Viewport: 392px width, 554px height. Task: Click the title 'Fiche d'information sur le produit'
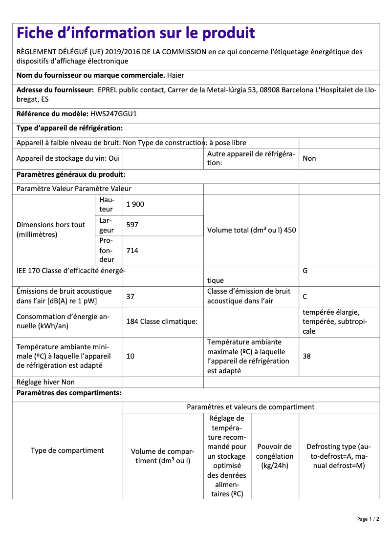coord(136,33)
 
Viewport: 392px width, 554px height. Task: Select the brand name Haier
coord(175,75)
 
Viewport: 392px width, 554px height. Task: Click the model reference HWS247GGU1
coord(113,114)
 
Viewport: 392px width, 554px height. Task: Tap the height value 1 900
coord(135,204)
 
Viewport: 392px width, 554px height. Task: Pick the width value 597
coord(132,225)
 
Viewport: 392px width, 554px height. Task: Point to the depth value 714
coord(132,251)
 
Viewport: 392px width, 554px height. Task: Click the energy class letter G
coord(305,270)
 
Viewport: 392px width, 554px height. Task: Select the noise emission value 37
coord(131,296)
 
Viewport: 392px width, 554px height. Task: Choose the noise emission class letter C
coord(305,296)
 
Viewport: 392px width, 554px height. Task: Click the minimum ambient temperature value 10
coord(131,356)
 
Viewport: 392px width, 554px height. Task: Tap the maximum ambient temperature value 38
coord(306,356)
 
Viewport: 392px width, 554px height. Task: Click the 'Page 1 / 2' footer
coord(368,519)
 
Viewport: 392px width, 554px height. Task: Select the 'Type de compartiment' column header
coord(67,450)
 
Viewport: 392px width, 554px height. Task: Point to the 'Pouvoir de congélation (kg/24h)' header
coord(275,456)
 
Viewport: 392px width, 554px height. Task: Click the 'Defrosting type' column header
coord(339,456)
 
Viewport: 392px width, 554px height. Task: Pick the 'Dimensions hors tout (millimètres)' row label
coord(51,230)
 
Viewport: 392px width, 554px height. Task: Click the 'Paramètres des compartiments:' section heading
coord(69,393)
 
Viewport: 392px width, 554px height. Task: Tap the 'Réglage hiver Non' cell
coord(45,382)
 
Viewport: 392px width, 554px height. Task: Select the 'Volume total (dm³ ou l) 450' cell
coord(251,230)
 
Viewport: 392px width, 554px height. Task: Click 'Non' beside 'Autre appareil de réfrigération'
coord(309,158)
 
